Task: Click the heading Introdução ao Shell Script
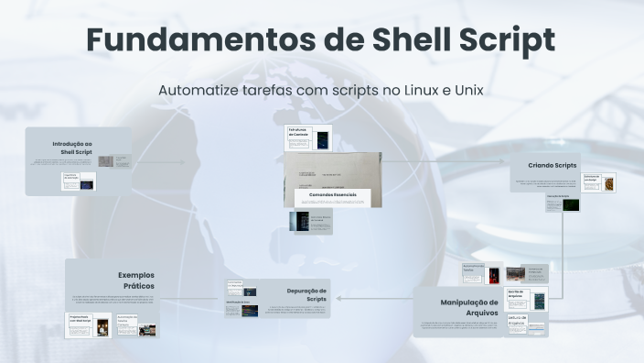coord(72,148)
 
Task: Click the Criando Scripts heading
coord(553,166)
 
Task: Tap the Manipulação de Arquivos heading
coord(468,307)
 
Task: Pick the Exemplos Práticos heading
coord(135,280)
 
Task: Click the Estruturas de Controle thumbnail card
coord(308,138)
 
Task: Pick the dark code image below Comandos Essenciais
coord(299,223)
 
